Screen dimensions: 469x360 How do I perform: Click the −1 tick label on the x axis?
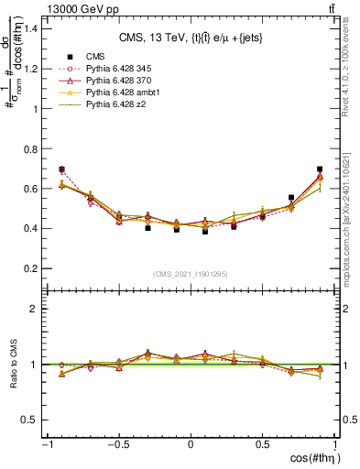[x=46, y=445]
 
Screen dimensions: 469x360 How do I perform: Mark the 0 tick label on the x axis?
[x=191, y=445]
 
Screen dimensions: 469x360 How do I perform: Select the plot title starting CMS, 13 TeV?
[x=190, y=38]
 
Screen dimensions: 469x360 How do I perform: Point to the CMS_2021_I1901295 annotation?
[x=191, y=274]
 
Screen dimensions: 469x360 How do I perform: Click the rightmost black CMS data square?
[x=320, y=169]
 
